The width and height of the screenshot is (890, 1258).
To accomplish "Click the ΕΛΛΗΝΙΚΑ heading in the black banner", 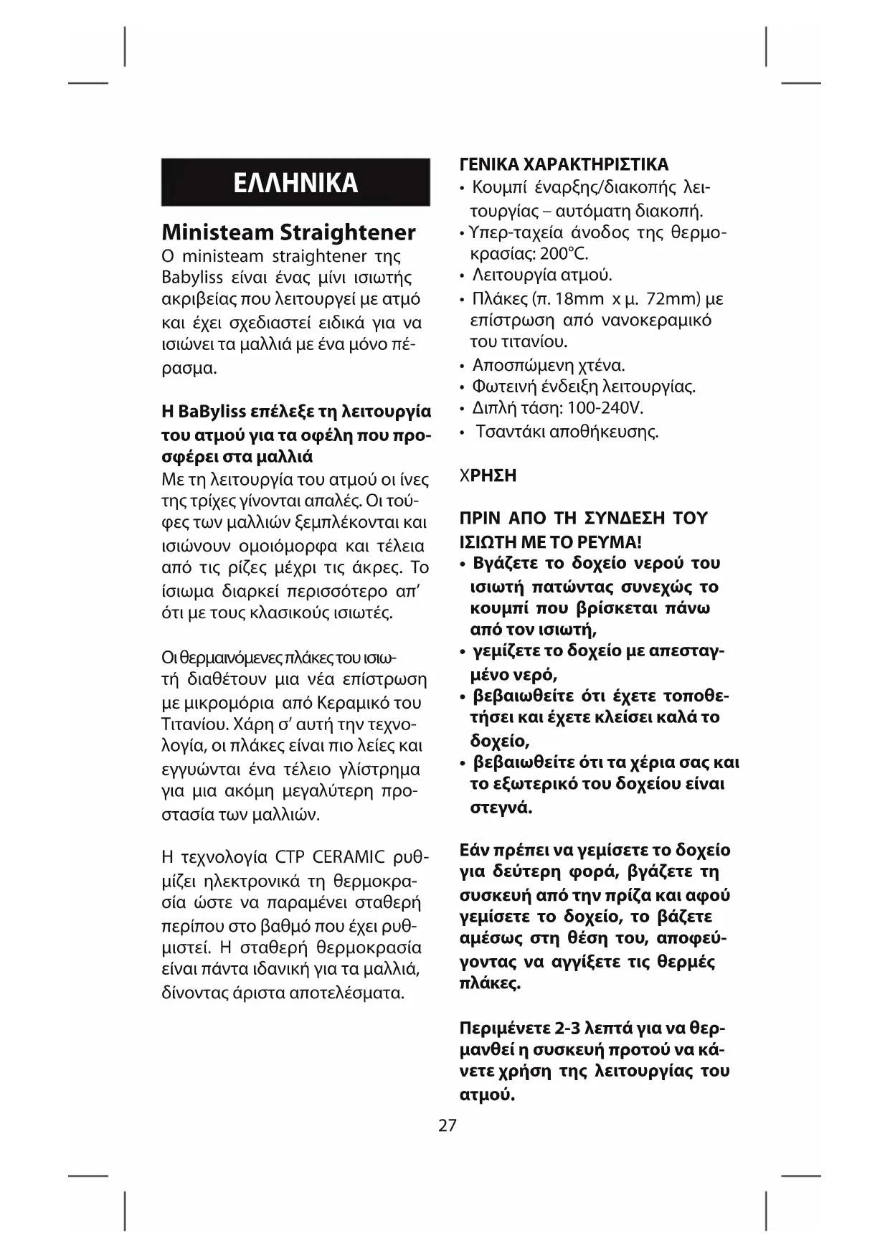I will pyautogui.click(x=295, y=183).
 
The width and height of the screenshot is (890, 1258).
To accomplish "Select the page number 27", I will pyautogui.click(x=447, y=1125).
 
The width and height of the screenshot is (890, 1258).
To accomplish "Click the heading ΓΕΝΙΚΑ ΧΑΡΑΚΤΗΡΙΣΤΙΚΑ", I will pyautogui.click(x=564, y=164).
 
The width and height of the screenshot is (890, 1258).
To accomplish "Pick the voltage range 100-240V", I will pyautogui.click(x=605, y=408).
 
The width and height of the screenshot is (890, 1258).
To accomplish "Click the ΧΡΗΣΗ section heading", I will pyautogui.click(x=488, y=476).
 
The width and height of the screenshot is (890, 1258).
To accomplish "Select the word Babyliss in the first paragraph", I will pyautogui.click(x=191, y=278).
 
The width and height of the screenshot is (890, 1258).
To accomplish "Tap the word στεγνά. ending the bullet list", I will pyautogui.click(x=501, y=808).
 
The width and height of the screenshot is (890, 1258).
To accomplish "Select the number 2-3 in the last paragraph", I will pyautogui.click(x=566, y=1027).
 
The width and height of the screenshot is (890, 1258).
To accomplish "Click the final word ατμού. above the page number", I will pyautogui.click(x=487, y=1095).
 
